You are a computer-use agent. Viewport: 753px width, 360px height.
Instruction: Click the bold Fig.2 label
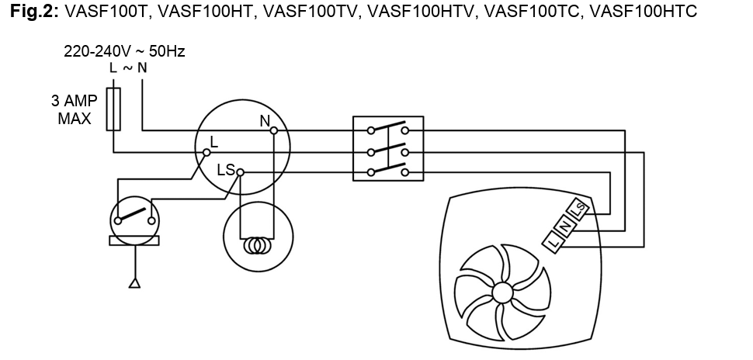point(35,11)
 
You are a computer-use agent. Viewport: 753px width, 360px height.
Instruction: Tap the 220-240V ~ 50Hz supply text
point(124,51)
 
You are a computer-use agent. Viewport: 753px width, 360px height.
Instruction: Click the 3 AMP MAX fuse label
point(75,109)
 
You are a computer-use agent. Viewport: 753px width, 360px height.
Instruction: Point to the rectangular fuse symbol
point(113,109)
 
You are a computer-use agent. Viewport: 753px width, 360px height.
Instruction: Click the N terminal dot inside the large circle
point(274,130)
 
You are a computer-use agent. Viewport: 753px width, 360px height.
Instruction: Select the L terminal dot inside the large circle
point(206,153)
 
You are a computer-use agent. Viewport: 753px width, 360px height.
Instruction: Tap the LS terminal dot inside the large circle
point(241,172)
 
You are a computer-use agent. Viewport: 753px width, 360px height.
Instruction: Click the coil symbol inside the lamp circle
point(258,246)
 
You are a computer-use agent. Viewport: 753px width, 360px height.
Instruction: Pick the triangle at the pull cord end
point(135,283)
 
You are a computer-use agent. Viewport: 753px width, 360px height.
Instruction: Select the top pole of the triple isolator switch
point(388,128)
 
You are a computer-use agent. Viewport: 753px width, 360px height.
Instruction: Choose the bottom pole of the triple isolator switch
point(388,169)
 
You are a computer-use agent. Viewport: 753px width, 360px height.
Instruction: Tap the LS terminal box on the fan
point(578,209)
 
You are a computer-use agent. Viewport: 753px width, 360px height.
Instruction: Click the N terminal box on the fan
point(566,226)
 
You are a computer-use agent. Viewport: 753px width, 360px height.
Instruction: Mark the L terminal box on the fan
point(553,242)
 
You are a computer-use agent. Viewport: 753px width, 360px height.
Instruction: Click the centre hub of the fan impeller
point(503,292)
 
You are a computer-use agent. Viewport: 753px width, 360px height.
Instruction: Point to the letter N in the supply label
point(142,68)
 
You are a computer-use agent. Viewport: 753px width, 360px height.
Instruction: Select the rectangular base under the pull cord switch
point(134,241)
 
